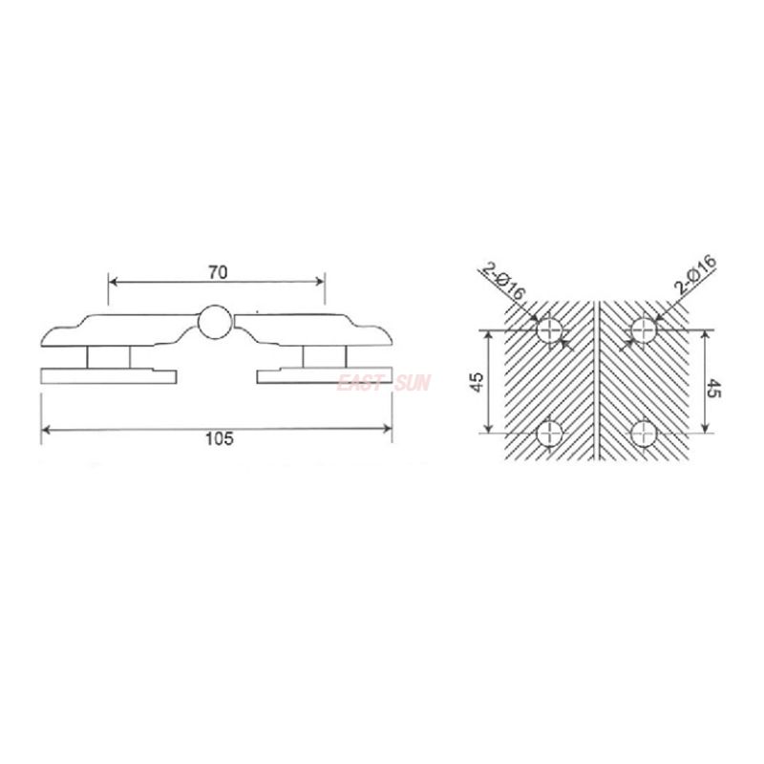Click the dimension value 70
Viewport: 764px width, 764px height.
click(x=217, y=272)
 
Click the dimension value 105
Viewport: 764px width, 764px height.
click(x=219, y=439)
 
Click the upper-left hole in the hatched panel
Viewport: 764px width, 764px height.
click(x=549, y=331)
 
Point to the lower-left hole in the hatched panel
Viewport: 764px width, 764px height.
click(x=549, y=434)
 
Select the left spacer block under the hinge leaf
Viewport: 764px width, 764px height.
click(x=107, y=356)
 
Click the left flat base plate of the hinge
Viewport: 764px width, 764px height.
click(x=107, y=375)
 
